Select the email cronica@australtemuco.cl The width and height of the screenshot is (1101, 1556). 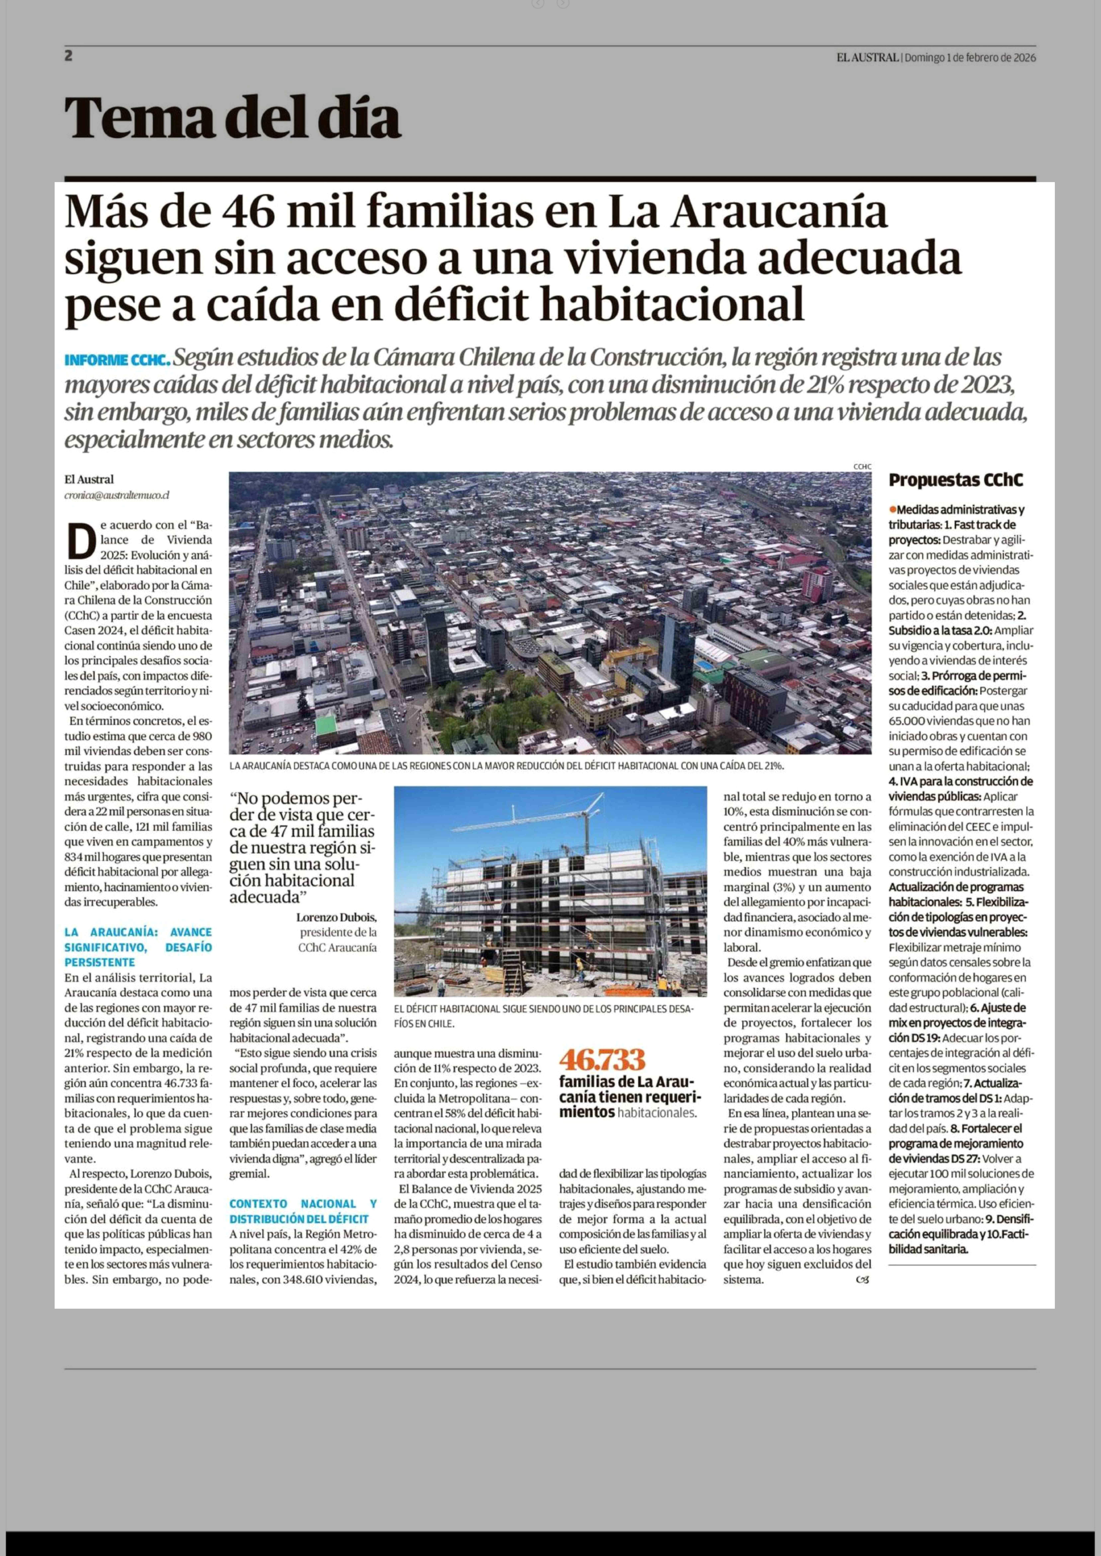tap(117, 495)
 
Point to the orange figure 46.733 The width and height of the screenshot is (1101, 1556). tap(601, 1059)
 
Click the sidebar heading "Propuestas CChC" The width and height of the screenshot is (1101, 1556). tap(955, 480)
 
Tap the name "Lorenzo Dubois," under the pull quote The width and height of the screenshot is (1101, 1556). tap(336, 918)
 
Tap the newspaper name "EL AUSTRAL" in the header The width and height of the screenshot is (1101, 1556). tap(867, 58)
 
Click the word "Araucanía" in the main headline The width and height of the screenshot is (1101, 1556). tap(780, 212)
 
